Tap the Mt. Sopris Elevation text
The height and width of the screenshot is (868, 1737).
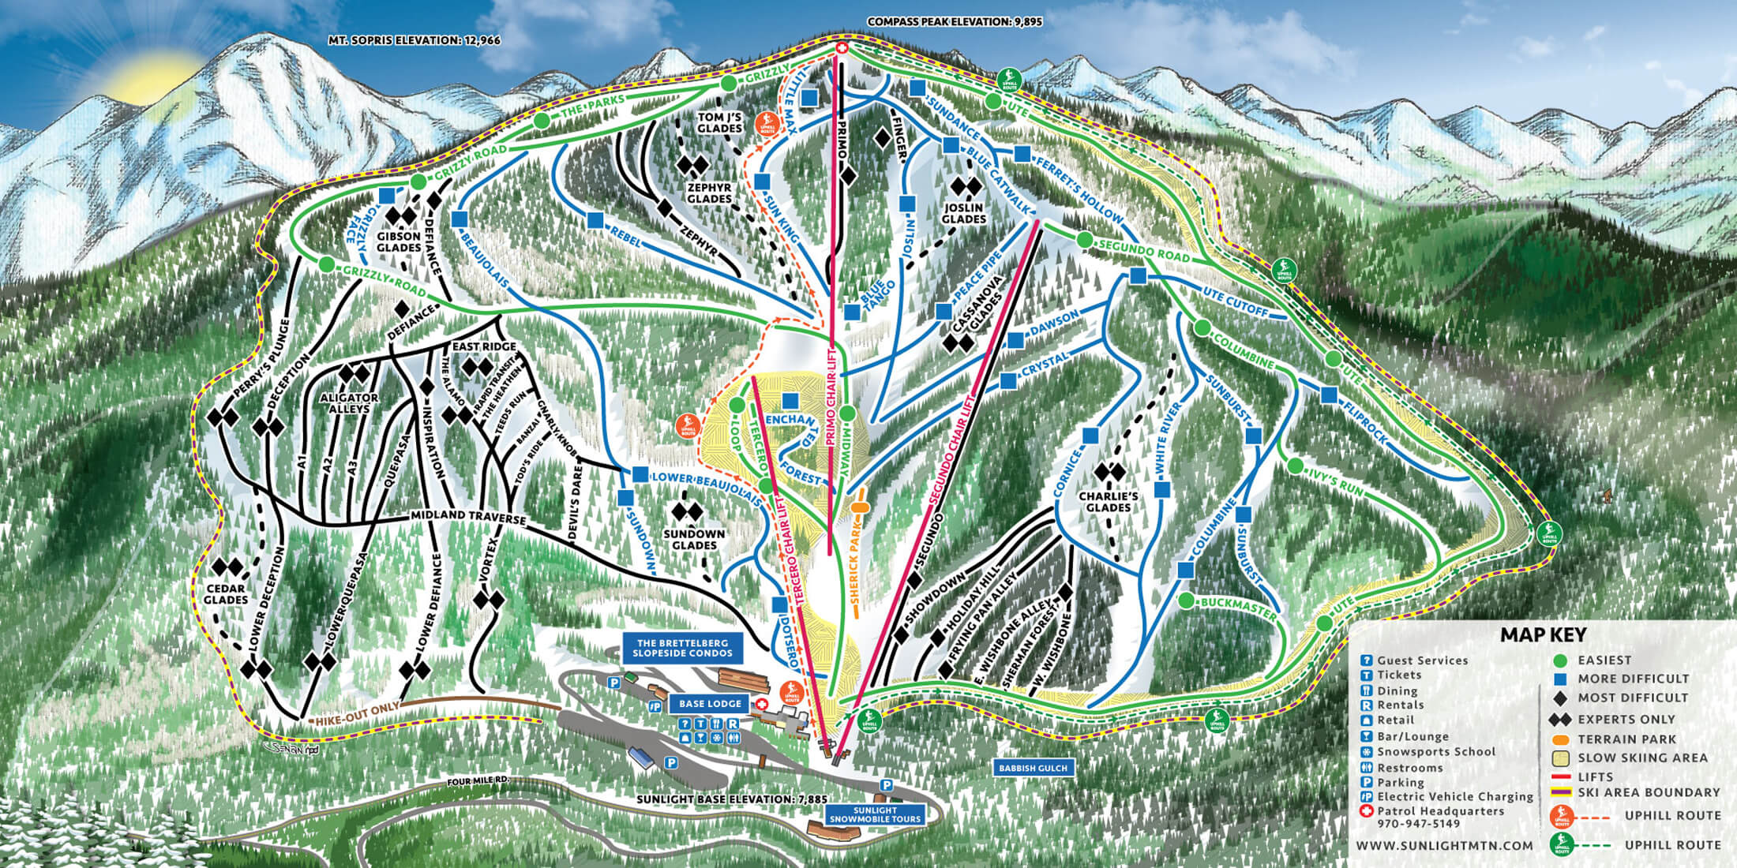(415, 39)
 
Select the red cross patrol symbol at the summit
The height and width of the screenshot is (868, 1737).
(842, 49)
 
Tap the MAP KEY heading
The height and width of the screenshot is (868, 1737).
(1543, 634)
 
